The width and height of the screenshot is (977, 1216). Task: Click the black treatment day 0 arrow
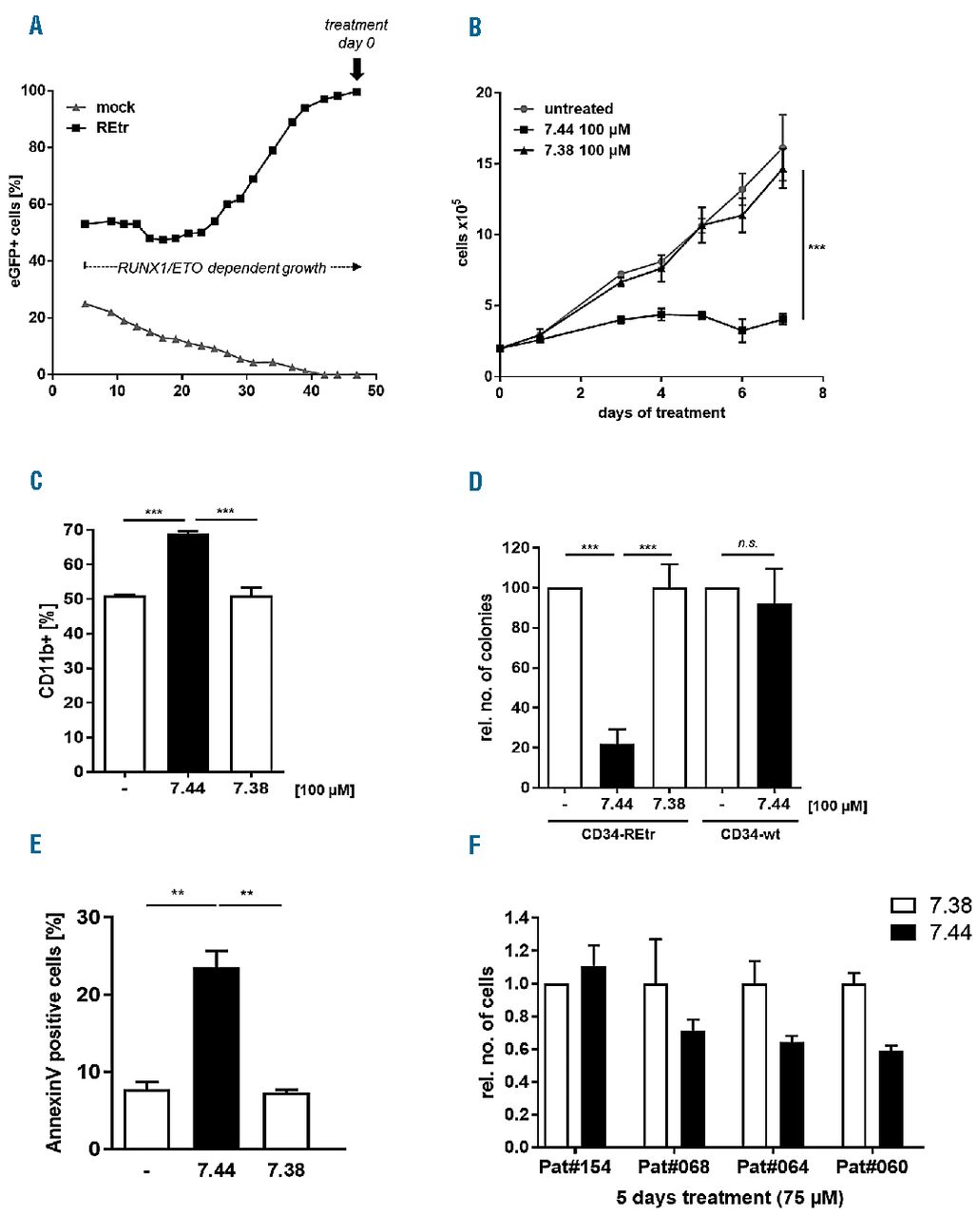(356, 69)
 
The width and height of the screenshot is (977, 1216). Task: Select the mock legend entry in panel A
(105, 107)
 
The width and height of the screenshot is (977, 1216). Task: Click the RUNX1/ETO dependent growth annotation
(222, 268)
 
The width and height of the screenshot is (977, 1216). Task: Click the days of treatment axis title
(661, 413)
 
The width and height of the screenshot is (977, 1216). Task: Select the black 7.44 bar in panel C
(188, 653)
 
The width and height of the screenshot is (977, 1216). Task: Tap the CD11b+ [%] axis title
(46, 651)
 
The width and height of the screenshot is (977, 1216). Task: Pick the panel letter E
(36, 845)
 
